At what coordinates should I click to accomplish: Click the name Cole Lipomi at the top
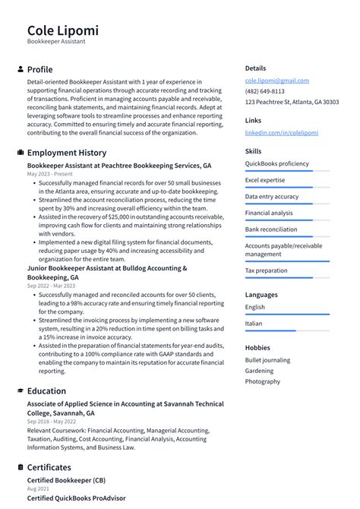(62, 30)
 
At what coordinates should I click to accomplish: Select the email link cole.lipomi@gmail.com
(276, 81)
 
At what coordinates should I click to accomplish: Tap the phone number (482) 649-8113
(264, 91)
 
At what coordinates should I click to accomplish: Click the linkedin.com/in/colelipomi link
(281, 133)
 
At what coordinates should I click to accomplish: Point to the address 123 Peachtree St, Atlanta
(292, 102)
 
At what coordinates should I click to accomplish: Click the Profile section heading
(40, 69)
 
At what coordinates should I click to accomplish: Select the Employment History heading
(67, 153)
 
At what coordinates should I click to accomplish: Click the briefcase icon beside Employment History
(21, 153)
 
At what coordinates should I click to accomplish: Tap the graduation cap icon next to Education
(21, 391)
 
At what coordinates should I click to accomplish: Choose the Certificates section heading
(49, 468)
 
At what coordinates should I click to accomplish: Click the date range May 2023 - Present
(49, 174)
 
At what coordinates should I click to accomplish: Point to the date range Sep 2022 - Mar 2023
(52, 286)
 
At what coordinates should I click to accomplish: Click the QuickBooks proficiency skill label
(276, 163)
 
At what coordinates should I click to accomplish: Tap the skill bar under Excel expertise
(287, 187)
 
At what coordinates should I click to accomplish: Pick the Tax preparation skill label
(266, 270)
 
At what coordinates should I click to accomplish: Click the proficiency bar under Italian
(287, 330)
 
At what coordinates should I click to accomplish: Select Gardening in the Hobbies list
(260, 371)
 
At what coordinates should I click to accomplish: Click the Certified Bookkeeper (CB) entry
(66, 481)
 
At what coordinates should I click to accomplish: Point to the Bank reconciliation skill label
(271, 229)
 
